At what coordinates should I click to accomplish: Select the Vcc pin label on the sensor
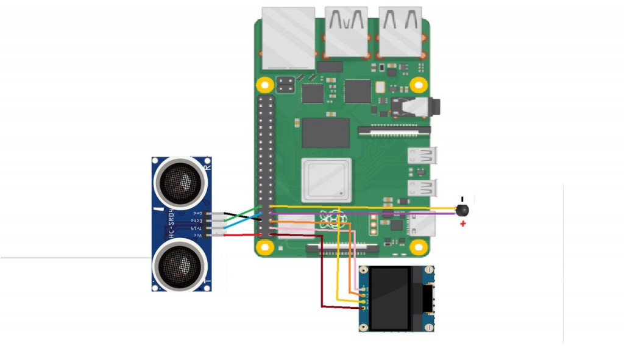coord(197,235)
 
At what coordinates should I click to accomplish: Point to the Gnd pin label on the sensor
coord(197,214)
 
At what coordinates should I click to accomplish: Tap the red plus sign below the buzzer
coord(463,224)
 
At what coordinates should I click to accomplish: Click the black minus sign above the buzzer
coord(462,199)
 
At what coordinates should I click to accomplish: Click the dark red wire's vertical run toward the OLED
coord(322,274)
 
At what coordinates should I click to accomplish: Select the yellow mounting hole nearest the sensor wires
coord(264,247)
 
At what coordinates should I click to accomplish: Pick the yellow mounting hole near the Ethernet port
coord(264,84)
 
